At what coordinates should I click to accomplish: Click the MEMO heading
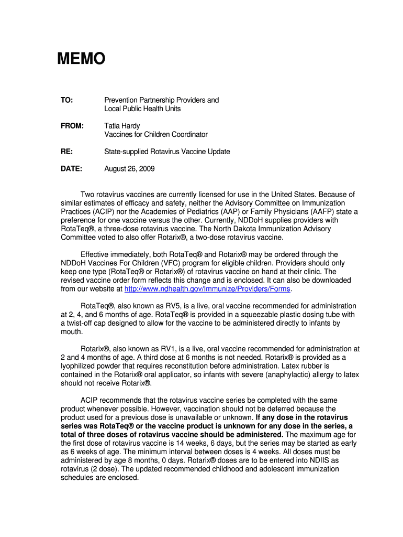[x=81, y=59]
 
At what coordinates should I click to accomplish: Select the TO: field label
[x=66, y=100]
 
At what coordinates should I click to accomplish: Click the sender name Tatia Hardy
[x=122, y=126]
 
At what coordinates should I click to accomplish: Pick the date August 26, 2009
[x=129, y=169]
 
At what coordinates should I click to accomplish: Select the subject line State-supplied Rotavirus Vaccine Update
[x=167, y=152]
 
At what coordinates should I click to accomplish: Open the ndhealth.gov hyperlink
[x=207, y=289]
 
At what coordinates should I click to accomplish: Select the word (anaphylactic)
[x=283, y=374]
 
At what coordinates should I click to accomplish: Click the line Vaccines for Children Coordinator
[x=156, y=135]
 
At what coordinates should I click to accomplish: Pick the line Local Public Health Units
[x=142, y=109]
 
